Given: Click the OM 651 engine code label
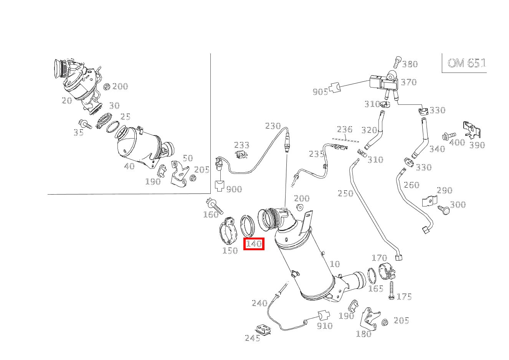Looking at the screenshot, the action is pyautogui.click(x=466, y=63).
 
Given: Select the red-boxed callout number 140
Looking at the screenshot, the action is pyautogui.click(x=254, y=244).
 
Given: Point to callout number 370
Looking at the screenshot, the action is pyautogui.click(x=409, y=82).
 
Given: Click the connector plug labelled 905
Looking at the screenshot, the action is pyautogui.click(x=335, y=88).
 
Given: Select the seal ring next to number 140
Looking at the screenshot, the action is pyautogui.click(x=248, y=226).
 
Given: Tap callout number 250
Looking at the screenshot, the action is pyautogui.click(x=345, y=193).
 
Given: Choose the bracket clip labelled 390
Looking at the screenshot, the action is pyautogui.click(x=472, y=130).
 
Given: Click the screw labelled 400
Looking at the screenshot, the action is pyautogui.click(x=449, y=136).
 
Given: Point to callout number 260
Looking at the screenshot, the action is pyautogui.click(x=411, y=185).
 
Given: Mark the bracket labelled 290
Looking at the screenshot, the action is pyautogui.click(x=430, y=201).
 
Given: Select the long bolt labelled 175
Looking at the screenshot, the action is pyautogui.click(x=391, y=291).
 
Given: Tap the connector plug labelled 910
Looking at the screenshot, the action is pyautogui.click(x=323, y=316).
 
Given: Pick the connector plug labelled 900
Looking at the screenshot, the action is pyautogui.click(x=219, y=186).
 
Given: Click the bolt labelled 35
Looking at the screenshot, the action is pyautogui.click(x=85, y=124).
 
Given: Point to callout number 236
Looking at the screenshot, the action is pyautogui.click(x=344, y=129).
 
